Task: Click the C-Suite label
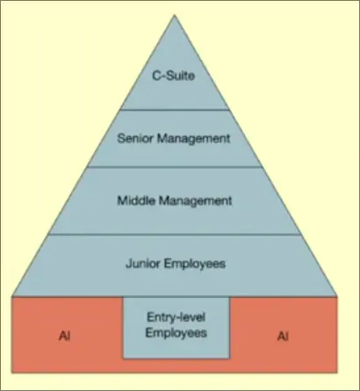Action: pyautogui.click(x=173, y=76)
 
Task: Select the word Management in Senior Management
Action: pyautogui.click(x=194, y=139)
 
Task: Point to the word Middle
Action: pyautogui.click(x=136, y=200)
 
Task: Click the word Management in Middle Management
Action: pyautogui.click(x=195, y=201)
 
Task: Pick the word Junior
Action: pyautogui.click(x=143, y=264)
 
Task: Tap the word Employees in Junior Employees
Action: pyautogui.click(x=195, y=264)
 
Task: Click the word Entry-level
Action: pyautogui.click(x=176, y=317)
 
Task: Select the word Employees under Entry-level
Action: pyautogui.click(x=176, y=333)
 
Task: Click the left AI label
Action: pyautogui.click(x=65, y=336)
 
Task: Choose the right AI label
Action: pyautogui.click(x=283, y=337)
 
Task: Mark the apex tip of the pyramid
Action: pyautogui.click(x=175, y=15)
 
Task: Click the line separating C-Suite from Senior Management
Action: pyautogui.click(x=175, y=110)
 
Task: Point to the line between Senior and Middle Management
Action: pyautogui.click(x=175, y=167)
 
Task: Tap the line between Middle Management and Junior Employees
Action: pyautogui.click(x=175, y=235)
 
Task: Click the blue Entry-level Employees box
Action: pyautogui.click(x=176, y=328)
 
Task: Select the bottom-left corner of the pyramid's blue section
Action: pyautogui.click(x=12, y=296)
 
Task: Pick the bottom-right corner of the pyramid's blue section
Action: pyautogui.click(x=337, y=296)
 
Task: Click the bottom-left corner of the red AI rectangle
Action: pyautogui.click(x=12, y=373)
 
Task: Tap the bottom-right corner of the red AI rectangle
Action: pyautogui.click(x=337, y=373)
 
